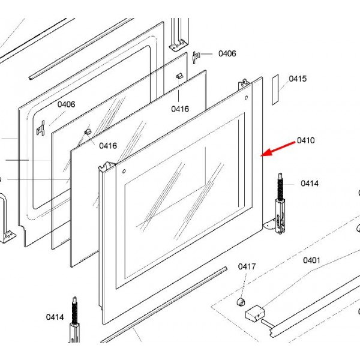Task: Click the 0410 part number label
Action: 306,141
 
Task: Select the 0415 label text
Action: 298,79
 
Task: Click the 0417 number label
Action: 247,266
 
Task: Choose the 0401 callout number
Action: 311,260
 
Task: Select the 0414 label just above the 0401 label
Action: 310,184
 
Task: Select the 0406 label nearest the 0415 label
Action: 227,53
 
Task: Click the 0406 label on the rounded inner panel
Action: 66,104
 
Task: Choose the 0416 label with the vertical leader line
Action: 180,109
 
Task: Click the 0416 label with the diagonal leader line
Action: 108,145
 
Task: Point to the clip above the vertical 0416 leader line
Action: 179,76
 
